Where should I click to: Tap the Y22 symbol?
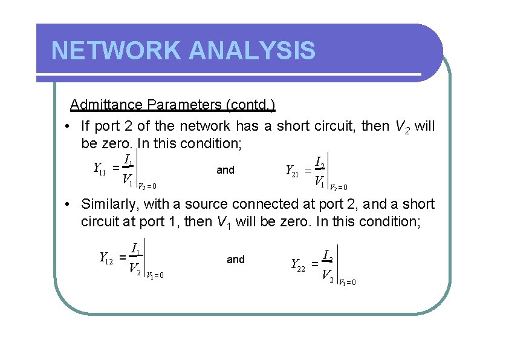[x=297, y=264]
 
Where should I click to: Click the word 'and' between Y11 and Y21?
[x=225, y=171]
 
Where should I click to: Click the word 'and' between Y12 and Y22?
[x=236, y=260]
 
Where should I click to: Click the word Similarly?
[x=107, y=205]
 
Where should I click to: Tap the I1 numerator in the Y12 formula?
[x=136, y=248]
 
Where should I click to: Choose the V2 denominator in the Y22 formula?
[x=327, y=276]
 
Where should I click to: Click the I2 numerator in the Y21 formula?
[x=321, y=163]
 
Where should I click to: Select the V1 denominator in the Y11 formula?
[x=127, y=180]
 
